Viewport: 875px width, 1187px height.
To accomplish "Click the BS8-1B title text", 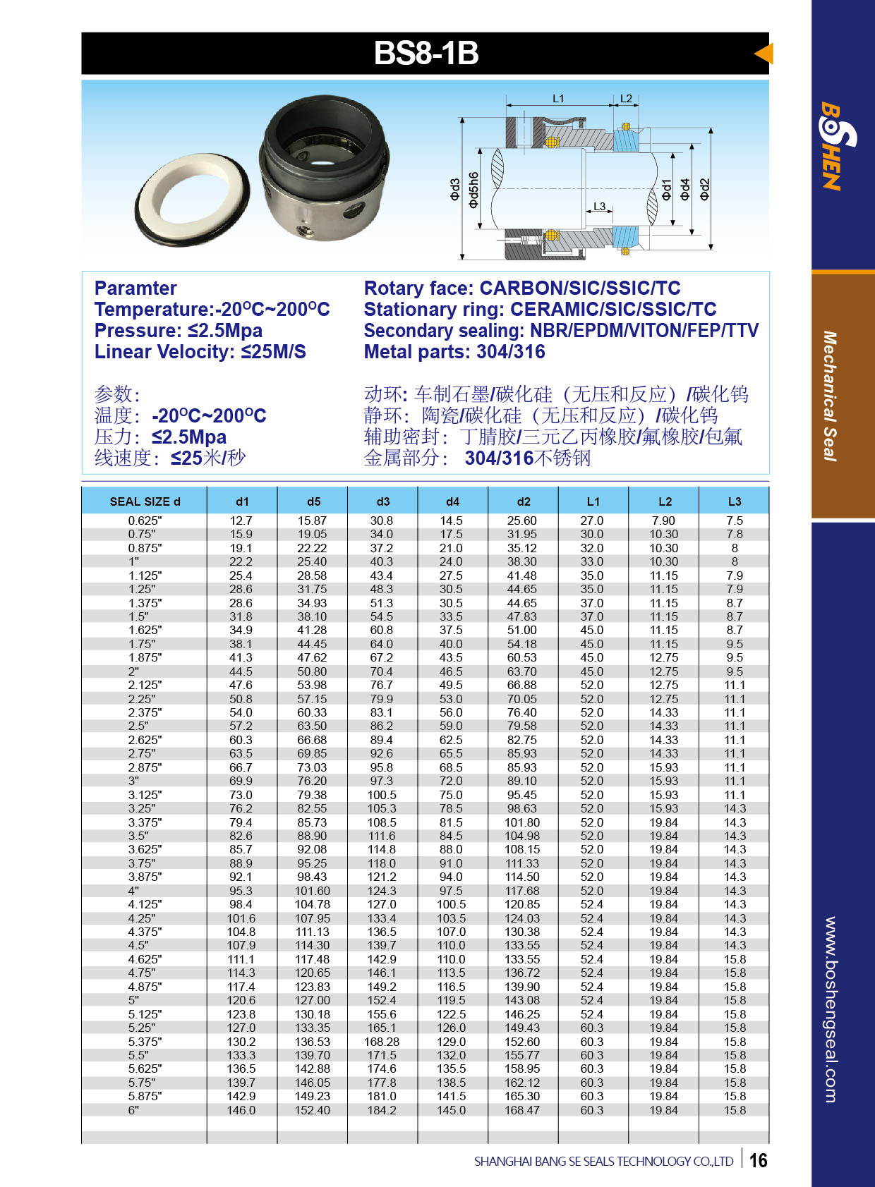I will point(426,54).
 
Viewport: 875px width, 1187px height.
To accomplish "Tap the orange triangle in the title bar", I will point(764,54).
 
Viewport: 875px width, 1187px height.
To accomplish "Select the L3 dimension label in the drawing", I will point(599,207).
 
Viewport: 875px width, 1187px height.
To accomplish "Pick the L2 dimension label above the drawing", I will point(626,99).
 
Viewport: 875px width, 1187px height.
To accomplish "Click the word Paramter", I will point(135,288).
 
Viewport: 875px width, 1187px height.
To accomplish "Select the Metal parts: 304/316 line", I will point(454,352).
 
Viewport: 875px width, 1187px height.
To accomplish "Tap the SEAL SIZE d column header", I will point(145,501).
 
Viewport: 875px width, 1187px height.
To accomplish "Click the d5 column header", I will point(313,501).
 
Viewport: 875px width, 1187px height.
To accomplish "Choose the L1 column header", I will point(593,501).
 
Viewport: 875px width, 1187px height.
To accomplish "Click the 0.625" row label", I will point(145,521).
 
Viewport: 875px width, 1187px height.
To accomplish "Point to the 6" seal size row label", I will point(134,1110).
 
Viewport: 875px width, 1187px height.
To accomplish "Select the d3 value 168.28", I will point(382,1042).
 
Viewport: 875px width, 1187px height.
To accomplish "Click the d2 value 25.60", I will point(522,521).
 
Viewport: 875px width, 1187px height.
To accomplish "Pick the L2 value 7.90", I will point(663,521).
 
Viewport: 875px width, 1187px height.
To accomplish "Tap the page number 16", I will point(758,1160).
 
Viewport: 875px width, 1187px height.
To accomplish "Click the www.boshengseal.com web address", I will point(831,1009).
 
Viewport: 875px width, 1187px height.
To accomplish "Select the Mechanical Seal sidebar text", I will point(830,396).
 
